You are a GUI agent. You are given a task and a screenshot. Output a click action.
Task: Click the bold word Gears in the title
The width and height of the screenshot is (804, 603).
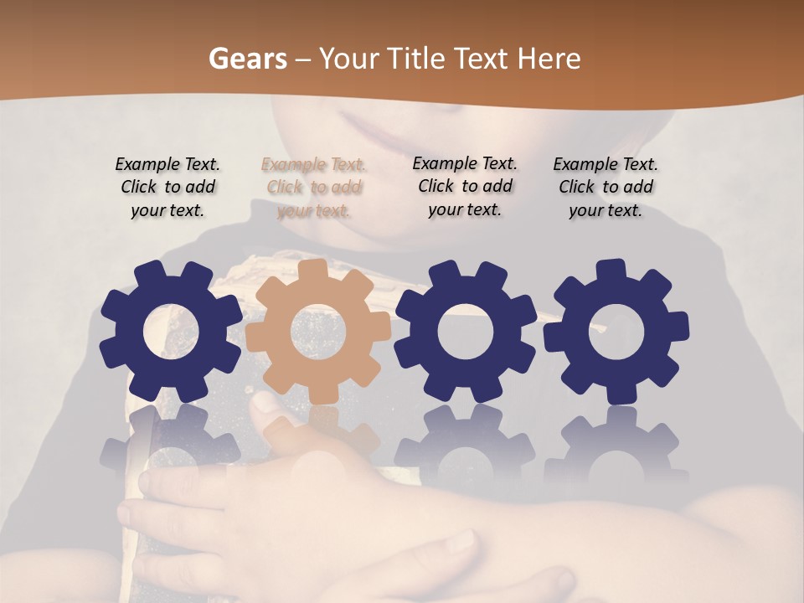tap(248, 59)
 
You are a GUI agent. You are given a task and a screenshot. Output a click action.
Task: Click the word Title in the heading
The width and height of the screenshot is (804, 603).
tap(417, 59)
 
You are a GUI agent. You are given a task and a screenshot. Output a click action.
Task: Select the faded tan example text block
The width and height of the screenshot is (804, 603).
tap(314, 188)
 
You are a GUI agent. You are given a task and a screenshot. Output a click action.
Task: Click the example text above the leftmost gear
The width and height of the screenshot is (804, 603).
tap(167, 188)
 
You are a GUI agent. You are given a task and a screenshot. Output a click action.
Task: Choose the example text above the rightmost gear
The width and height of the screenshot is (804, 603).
tap(606, 188)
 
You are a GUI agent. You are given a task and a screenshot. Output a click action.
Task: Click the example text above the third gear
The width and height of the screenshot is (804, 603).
tap(465, 186)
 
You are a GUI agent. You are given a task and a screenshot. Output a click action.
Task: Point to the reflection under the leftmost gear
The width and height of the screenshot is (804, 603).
tap(170, 444)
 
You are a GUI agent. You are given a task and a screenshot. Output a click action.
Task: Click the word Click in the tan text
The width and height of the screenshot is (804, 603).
tap(285, 188)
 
